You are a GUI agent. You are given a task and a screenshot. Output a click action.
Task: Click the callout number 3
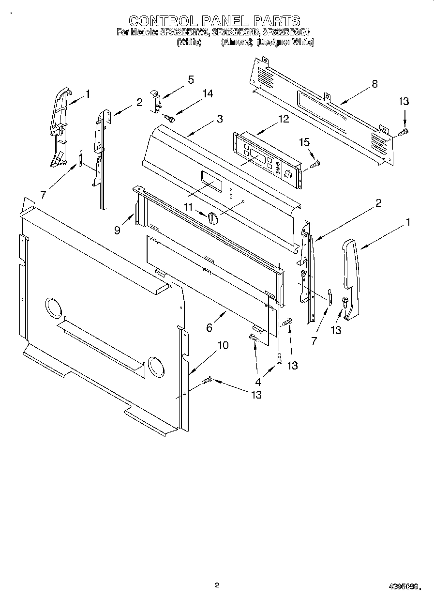pos(220,119)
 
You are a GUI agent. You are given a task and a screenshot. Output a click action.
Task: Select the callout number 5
pos(191,80)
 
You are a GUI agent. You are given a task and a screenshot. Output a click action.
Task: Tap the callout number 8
pos(374,84)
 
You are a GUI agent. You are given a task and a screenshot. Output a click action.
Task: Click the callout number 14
pos(208,94)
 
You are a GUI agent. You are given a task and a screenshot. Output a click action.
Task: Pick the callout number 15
pos(304,142)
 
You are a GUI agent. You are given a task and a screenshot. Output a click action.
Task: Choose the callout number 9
pos(117,231)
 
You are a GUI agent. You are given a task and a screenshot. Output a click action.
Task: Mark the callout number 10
pos(223,345)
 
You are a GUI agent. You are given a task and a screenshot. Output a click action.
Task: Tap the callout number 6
pos(209,328)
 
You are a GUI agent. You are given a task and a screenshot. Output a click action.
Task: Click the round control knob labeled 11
pos(213,219)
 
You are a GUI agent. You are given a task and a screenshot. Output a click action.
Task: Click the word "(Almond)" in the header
pos(237,42)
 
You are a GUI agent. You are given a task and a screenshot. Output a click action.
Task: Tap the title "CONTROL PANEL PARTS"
pos(214,21)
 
